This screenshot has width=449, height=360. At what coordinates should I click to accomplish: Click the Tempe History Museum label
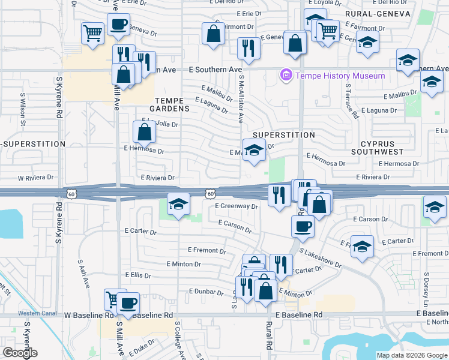(x=339, y=76)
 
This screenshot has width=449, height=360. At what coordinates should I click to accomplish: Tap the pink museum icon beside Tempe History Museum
(x=286, y=76)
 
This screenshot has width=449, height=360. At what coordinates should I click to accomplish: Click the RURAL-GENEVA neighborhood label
(x=378, y=13)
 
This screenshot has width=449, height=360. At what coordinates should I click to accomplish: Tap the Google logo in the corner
(x=20, y=353)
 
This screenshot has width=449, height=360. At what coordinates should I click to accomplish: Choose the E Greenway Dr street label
(x=237, y=206)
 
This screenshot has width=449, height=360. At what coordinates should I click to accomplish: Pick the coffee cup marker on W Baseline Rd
(x=127, y=304)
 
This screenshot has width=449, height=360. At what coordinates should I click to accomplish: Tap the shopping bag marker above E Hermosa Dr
(x=145, y=132)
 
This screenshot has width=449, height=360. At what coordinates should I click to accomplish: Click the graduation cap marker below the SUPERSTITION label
(x=254, y=151)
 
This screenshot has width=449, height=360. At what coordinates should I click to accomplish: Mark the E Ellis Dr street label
(x=137, y=275)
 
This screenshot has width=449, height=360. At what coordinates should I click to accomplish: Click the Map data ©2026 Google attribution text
(x=411, y=355)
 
